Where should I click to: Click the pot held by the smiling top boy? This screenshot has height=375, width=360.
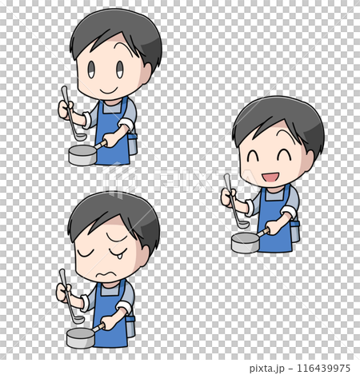[82, 154]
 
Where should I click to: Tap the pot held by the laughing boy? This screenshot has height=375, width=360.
[245, 242]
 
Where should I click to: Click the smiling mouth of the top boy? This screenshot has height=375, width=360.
[105, 89]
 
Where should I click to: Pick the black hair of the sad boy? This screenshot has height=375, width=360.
[112, 209]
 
